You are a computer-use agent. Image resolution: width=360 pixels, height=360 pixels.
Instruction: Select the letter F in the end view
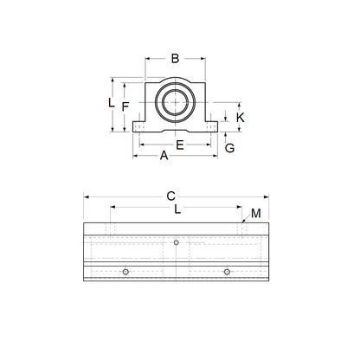(x=125, y=106)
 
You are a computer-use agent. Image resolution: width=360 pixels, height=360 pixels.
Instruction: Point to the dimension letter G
(x=229, y=148)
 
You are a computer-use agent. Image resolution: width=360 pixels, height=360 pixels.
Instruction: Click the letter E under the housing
(x=179, y=145)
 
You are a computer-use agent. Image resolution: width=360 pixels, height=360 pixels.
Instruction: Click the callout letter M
(x=255, y=213)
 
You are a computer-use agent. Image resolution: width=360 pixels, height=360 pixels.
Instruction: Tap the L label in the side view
(x=177, y=209)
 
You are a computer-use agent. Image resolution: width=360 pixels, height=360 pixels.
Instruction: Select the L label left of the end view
(x=111, y=102)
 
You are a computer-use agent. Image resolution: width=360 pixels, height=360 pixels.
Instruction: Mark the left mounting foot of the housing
(x=141, y=127)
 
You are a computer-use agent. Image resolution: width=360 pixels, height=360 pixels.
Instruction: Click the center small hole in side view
(x=176, y=241)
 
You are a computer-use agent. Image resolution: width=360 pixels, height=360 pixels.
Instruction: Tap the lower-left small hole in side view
(x=125, y=272)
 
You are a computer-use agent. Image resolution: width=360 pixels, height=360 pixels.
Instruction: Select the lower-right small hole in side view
(x=227, y=272)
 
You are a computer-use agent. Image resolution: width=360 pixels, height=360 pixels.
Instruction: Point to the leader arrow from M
(x=245, y=222)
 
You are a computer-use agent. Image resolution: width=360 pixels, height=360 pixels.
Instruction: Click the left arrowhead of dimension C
(x=87, y=196)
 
